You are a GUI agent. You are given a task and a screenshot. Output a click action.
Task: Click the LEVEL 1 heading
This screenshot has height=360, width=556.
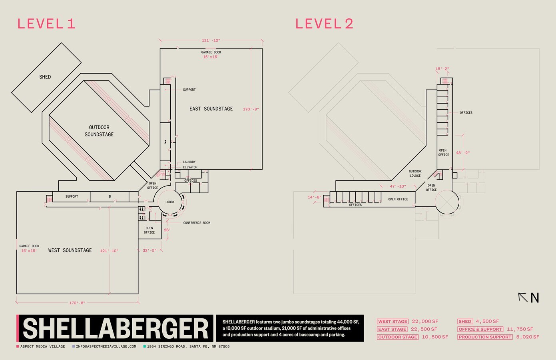[46, 24]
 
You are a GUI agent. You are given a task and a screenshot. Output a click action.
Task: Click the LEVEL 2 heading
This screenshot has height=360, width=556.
[324, 24]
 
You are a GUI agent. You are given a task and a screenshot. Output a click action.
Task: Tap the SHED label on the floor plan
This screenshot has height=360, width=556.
[45, 77]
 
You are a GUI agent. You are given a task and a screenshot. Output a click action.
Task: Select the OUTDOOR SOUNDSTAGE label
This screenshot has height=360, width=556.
[99, 131]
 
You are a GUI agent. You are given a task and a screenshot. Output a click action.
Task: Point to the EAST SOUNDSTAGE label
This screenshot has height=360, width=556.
[211, 109]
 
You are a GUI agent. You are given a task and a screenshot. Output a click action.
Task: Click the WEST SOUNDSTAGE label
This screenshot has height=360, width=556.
[70, 250]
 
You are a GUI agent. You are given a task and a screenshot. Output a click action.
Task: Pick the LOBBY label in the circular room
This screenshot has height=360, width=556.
[170, 202]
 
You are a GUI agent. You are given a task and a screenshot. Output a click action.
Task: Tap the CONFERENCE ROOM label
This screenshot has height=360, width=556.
[197, 223]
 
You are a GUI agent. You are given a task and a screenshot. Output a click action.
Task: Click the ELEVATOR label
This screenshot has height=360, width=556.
[190, 167]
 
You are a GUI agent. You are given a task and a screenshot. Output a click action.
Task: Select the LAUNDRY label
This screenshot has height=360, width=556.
[189, 162]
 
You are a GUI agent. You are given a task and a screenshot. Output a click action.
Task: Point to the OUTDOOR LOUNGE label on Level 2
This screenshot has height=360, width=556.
[415, 174]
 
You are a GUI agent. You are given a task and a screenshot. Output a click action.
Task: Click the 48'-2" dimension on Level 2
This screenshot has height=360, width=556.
[463, 153]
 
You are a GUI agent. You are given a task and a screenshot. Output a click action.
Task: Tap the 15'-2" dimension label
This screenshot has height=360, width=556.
[442, 69]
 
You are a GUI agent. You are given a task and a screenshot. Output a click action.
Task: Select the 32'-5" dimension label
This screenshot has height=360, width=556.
[150, 251]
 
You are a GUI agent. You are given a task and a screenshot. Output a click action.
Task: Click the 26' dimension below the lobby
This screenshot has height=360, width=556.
[167, 230]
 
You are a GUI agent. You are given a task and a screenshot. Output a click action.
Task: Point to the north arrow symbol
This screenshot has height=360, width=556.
[523, 297]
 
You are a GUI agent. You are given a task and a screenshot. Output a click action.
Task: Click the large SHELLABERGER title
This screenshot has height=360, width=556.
[116, 329]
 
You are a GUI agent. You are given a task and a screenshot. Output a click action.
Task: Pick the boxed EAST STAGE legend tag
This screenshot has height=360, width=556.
[392, 329]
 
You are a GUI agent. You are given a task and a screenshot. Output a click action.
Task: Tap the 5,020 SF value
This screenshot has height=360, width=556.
[527, 337]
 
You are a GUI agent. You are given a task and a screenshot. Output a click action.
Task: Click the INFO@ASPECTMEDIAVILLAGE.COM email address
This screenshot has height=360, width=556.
[106, 346]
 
